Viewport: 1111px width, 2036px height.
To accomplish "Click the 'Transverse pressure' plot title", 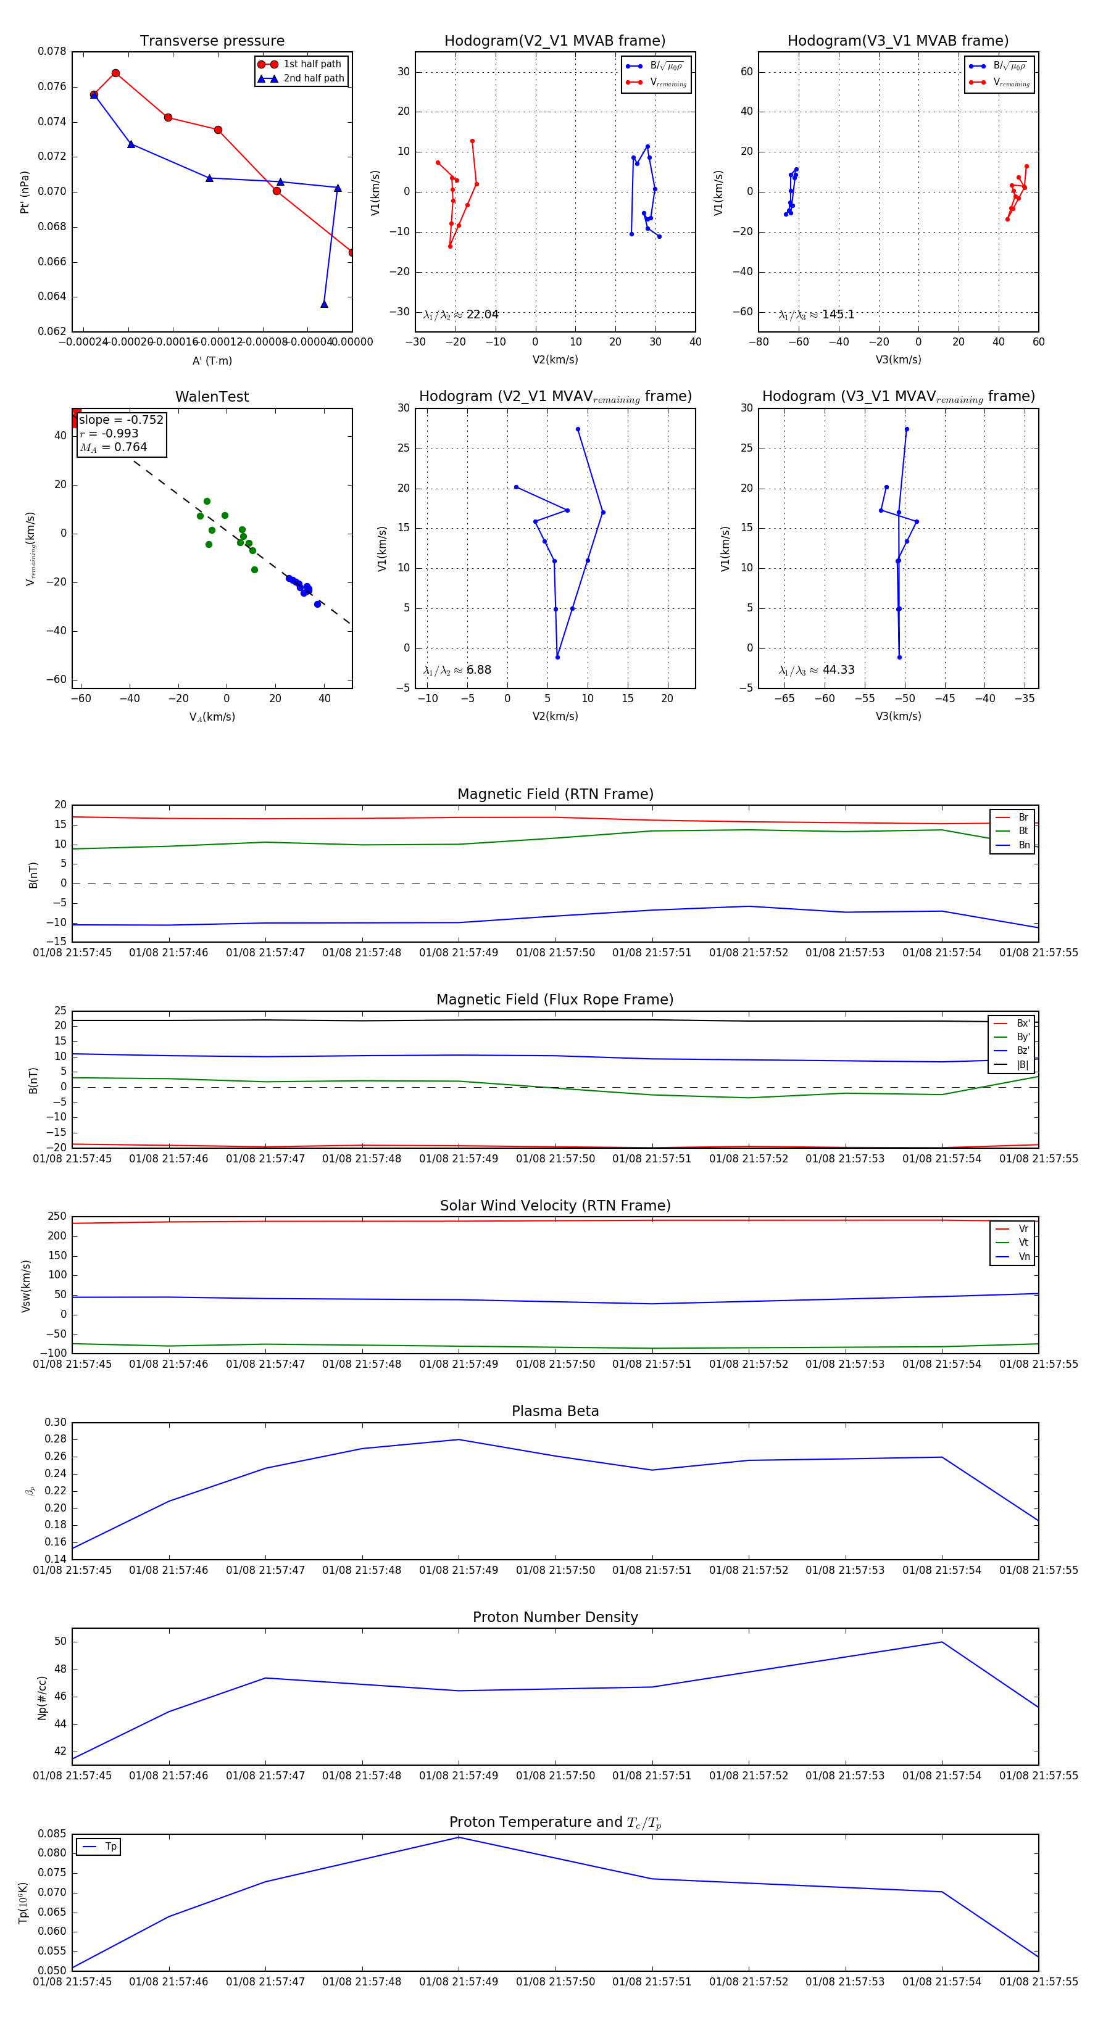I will click(212, 41).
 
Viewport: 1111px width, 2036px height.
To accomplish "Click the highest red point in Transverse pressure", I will click(115, 73).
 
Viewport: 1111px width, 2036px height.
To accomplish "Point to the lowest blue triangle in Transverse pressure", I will click(324, 304).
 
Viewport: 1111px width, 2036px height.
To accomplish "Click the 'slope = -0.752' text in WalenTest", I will click(121, 420).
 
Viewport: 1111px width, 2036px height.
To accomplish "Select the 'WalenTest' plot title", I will click(212, 397).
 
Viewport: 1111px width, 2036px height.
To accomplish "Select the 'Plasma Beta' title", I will click(555, 1411).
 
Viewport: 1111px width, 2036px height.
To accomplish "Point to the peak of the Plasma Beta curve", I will click(459, 1439).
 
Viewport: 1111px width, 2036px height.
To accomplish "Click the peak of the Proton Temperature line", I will click(459, 1837).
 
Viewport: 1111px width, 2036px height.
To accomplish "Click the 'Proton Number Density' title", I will click(555, 1616).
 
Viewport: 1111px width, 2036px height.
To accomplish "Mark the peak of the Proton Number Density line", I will click(942, 1642).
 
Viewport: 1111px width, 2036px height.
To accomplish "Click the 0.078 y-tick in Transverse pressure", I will click(52, 51).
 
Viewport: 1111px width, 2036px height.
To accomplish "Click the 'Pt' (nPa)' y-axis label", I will click(25, 192).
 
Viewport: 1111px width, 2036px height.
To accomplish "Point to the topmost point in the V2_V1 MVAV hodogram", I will click(578, 429).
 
